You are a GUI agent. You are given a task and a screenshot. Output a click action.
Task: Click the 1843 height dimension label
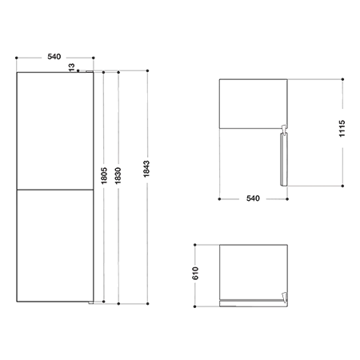[x=146, y=169]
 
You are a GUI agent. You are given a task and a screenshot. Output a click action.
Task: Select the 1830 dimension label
[x=118, y=176]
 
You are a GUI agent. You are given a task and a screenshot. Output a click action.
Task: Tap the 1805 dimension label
[x=103, y=176]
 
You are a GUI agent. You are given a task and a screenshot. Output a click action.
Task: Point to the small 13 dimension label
[x=72, y=67]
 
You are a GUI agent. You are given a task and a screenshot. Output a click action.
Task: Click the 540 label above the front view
[x=54, y=57]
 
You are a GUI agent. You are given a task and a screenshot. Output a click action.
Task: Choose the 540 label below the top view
[x=253, y=198]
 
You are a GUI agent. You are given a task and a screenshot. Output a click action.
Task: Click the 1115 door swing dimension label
[x=342, y=129]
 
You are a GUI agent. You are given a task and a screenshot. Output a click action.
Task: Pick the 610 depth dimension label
[x=195, y=273]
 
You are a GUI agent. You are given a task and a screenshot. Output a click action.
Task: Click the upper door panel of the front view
[x=55, y=130]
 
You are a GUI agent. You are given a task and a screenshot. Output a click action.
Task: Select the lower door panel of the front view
[x=55, y=246]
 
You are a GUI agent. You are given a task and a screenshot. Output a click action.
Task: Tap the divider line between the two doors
[x=55, y=190]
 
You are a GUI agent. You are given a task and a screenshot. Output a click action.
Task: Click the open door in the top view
[x=283, y=159]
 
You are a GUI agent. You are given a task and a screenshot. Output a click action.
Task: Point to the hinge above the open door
[x=284, y=130]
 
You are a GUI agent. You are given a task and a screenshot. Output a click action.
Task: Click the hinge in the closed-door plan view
[x=285, y=298]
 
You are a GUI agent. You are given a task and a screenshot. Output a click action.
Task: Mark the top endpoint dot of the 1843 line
[x=147, y=70]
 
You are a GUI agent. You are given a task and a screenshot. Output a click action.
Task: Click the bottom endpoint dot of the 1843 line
[x=147, y=303]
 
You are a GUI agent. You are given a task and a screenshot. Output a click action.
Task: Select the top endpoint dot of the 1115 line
[x=342, y=79]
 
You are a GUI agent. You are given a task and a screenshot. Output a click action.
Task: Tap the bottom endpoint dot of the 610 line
[x=195, y=306]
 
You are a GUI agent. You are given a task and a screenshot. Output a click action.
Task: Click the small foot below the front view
[x=91, y=303]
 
